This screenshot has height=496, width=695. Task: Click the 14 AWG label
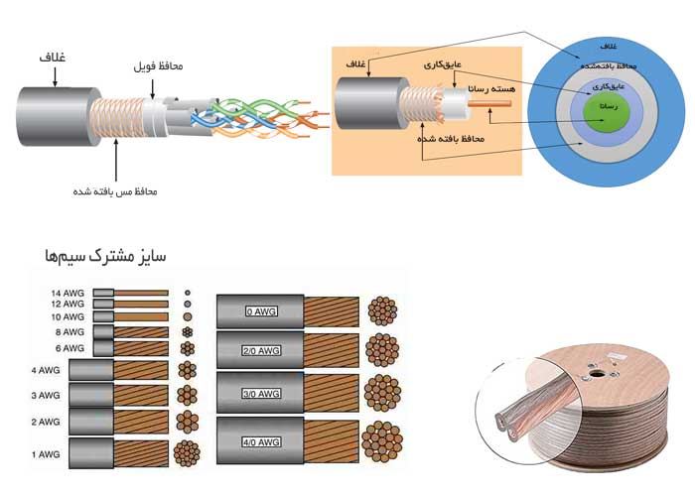69,294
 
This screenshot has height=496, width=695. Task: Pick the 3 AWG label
47,395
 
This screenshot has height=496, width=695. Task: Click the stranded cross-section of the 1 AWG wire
187,452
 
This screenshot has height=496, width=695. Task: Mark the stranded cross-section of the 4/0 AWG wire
382,437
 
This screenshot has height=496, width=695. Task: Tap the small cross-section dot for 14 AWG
187,294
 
